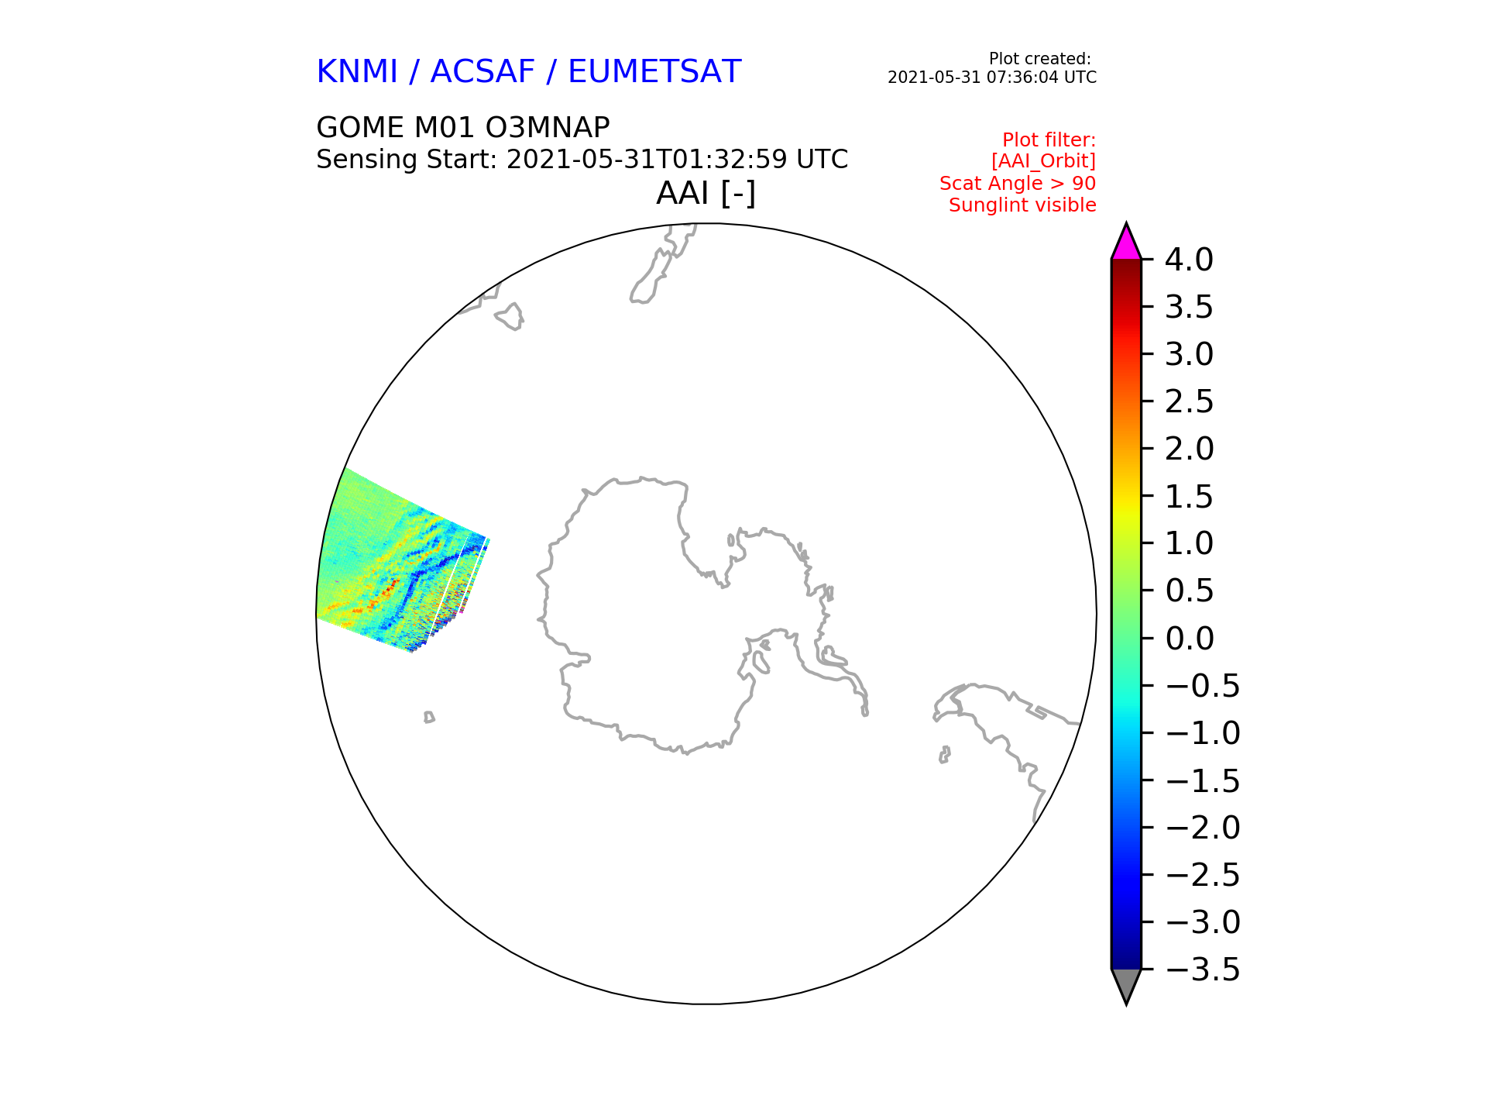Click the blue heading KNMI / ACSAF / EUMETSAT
click(529, 72)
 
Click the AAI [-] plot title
click(706, 193)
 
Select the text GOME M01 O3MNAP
click(463, 127)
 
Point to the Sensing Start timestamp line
click(582, 160)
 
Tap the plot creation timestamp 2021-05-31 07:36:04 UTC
click(992, 77)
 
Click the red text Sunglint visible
click(1022, 205)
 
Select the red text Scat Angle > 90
click(1018, 184)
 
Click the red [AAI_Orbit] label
click(1043, 161)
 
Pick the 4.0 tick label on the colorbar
click(1189, 260)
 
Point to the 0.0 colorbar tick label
click(1189, 639)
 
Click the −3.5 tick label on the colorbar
click(1202, 970)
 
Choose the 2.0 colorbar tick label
click(1189, 449)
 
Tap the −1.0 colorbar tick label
click(1202, 733)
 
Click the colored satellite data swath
click(395, 566)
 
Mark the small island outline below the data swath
click(429, 718)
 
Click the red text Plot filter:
click(1049, 140)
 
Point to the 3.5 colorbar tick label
click(1189, 307)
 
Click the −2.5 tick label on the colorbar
click(1202, 875)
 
